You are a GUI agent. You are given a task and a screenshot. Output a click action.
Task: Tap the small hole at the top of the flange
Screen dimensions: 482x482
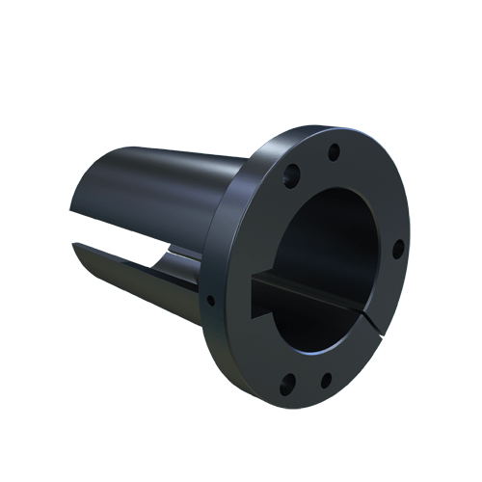pyautogui.click(x=333, y=151)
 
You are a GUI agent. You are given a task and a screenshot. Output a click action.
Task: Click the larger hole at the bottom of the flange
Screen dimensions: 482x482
pyautogui.click(x=285, y=388)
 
